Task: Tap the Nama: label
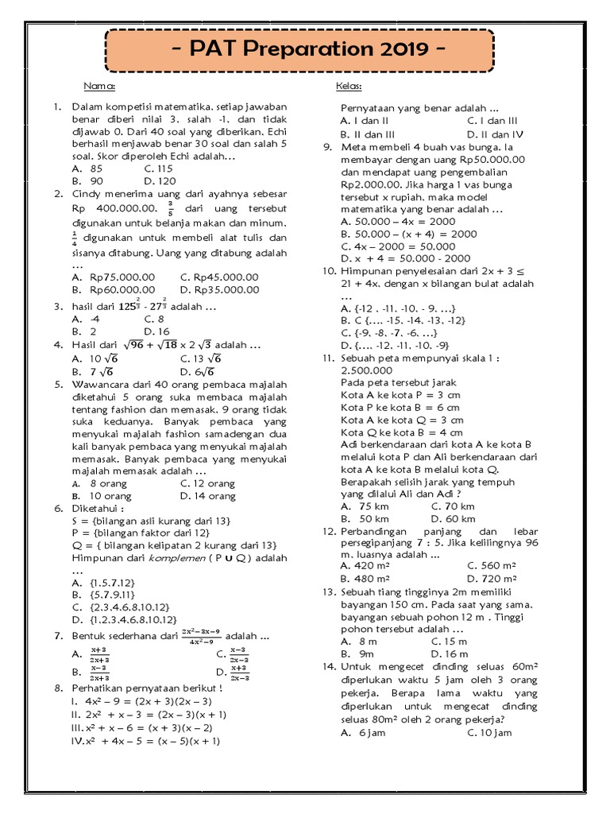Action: click(x=100, y=86)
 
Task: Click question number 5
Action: click(x=58, y=384)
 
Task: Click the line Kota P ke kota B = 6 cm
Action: click(x=400, y=407)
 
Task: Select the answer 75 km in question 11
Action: click(x=373, y=506)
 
